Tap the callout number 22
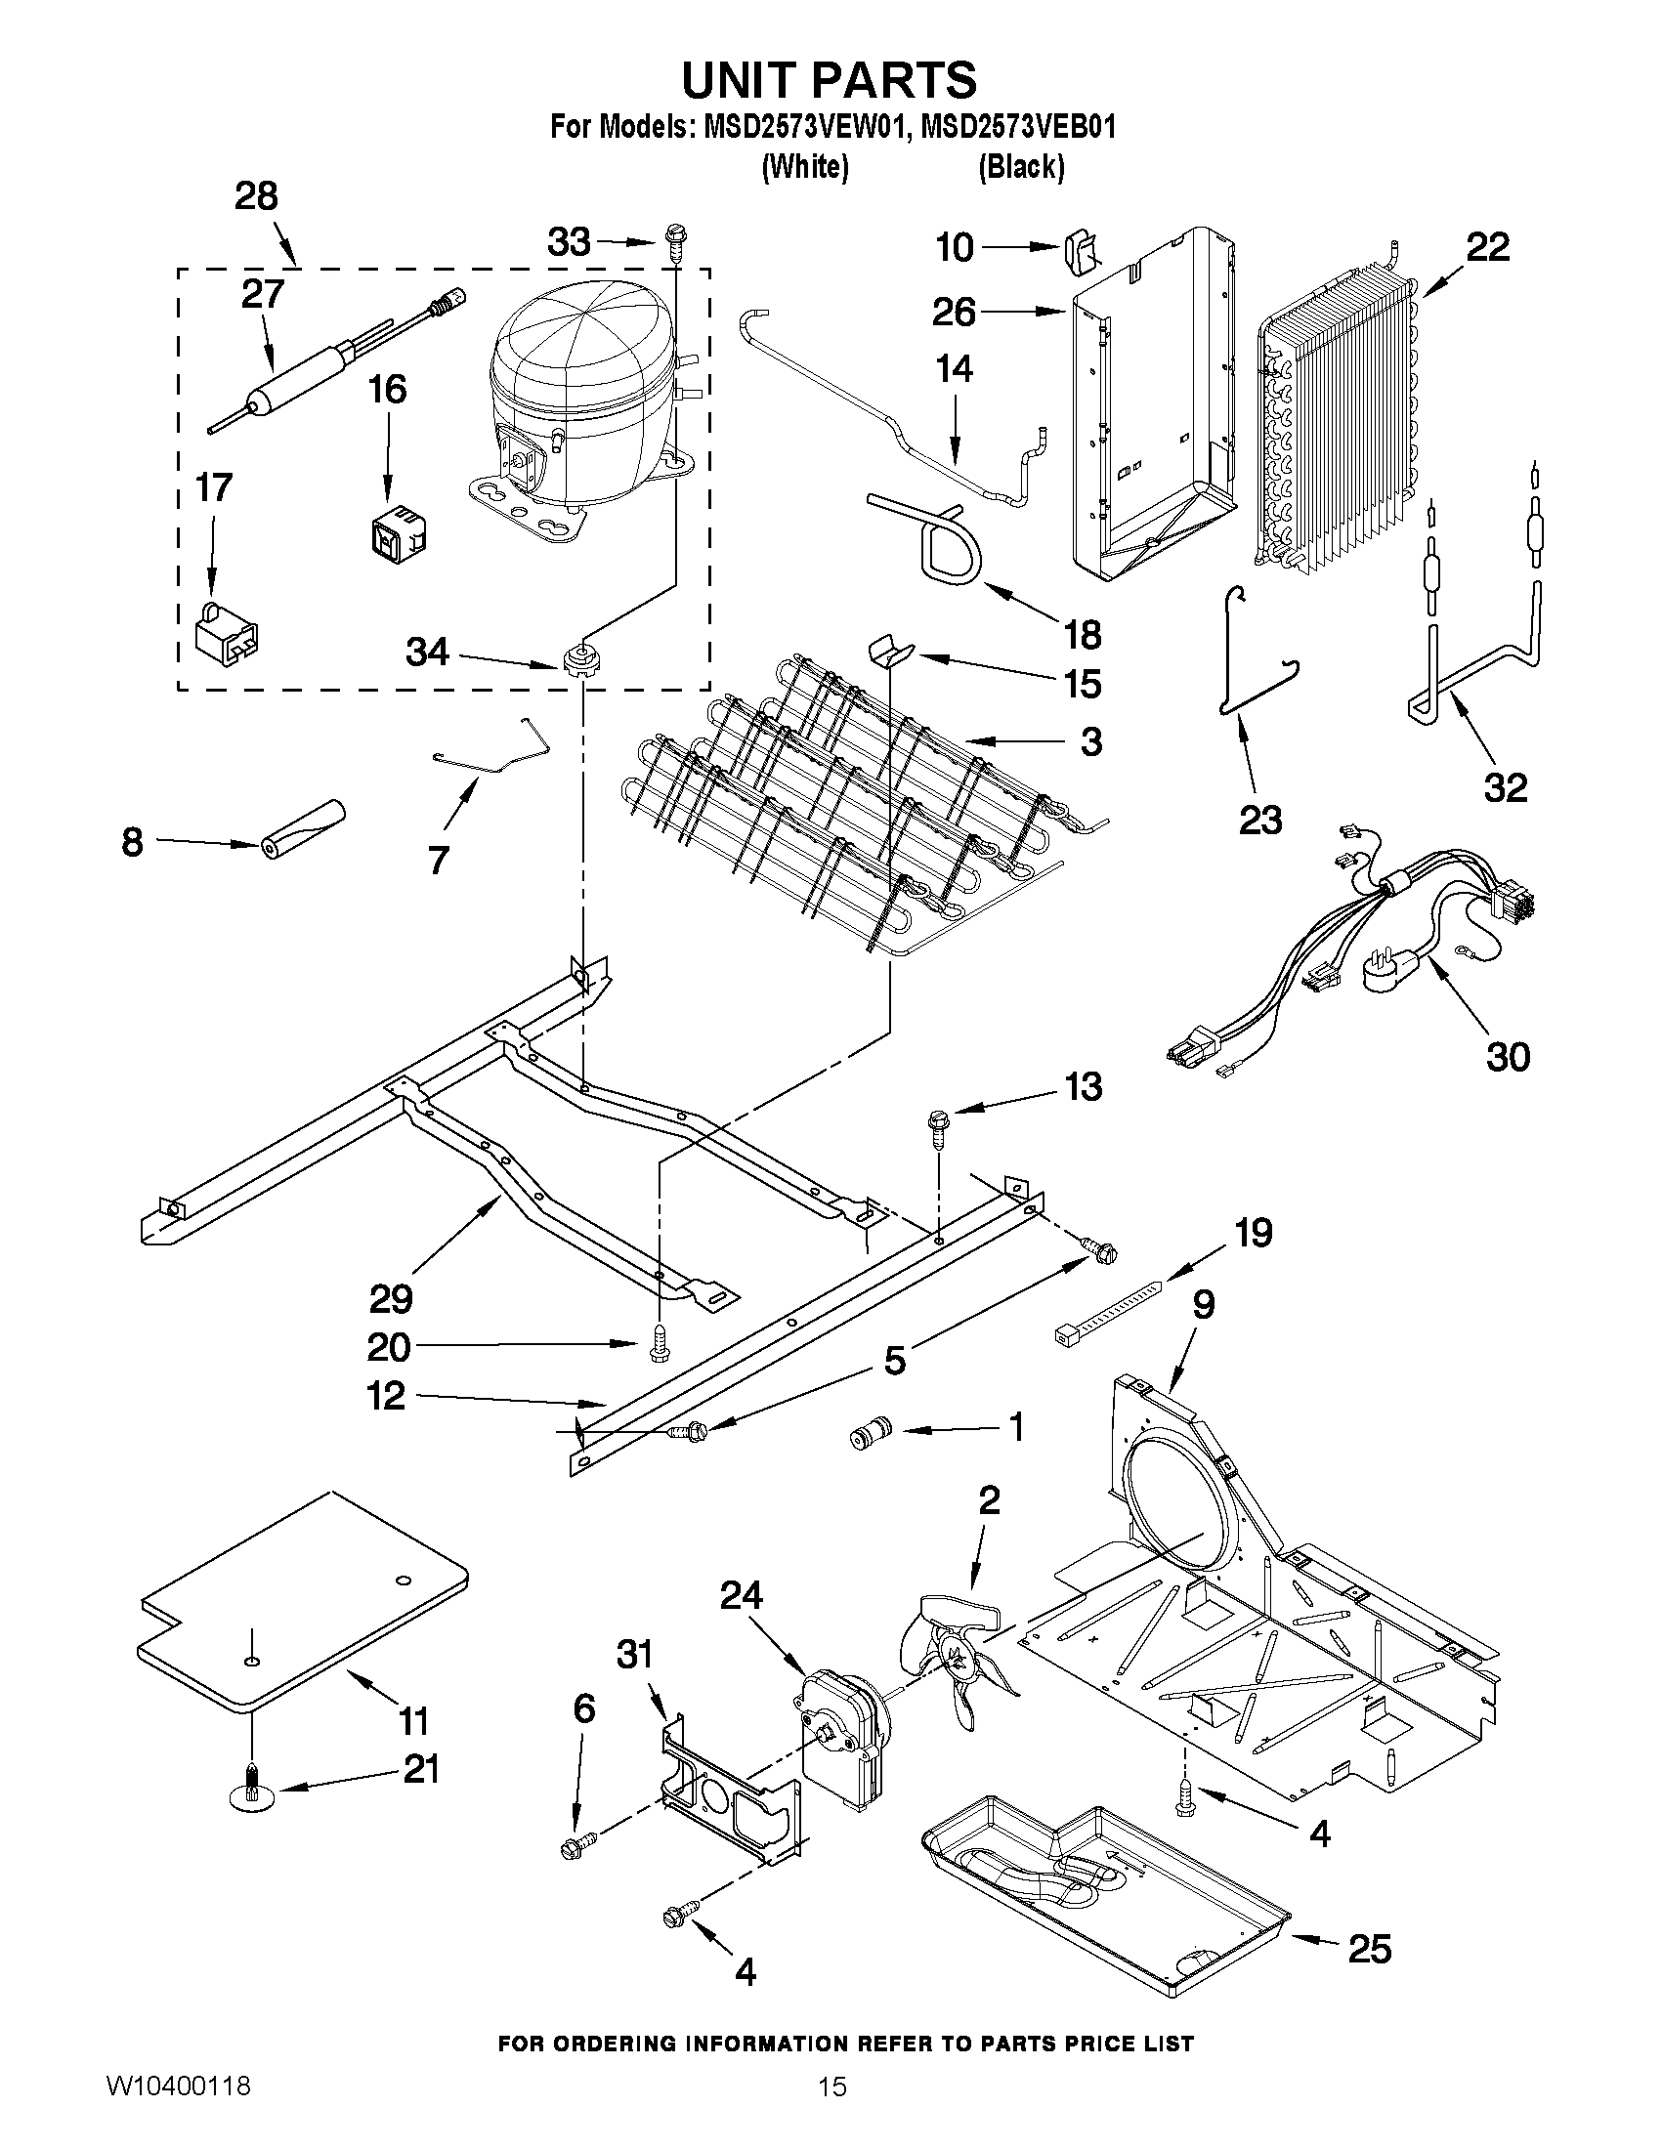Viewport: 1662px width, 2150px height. pyautogui.click(x=1487, y=247)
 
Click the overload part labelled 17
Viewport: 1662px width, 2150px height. pyautogui.click(x=228, y=632)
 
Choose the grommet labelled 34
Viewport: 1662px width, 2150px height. pyautogui.click(x=583, y=658)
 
